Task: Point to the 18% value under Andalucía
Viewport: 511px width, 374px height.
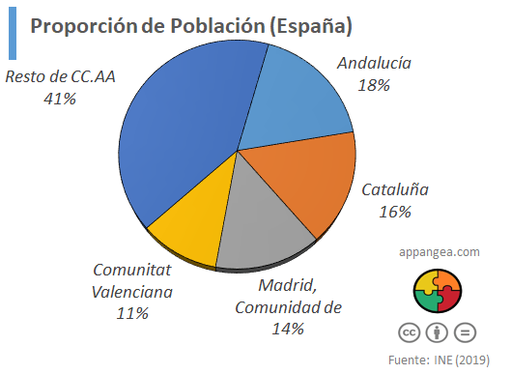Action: pos(373,86)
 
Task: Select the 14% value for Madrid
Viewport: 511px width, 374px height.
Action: pos(287,329)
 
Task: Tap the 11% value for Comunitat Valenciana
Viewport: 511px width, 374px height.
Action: pos(132,313)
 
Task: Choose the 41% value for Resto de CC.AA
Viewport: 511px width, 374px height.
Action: pos(59,98)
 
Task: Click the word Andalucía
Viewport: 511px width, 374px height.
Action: pos(374,64)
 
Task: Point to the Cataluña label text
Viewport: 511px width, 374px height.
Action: pos(395,189)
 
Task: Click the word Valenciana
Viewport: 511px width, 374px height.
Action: pos(132,292)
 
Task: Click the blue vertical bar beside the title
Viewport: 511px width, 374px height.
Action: pos(11,33)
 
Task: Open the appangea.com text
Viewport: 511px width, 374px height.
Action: pos(440,251)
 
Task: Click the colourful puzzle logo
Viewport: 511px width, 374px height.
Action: pos(438,291)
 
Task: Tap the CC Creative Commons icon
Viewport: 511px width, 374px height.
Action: pos(410,332)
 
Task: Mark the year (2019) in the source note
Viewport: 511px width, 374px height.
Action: pos(472,360)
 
